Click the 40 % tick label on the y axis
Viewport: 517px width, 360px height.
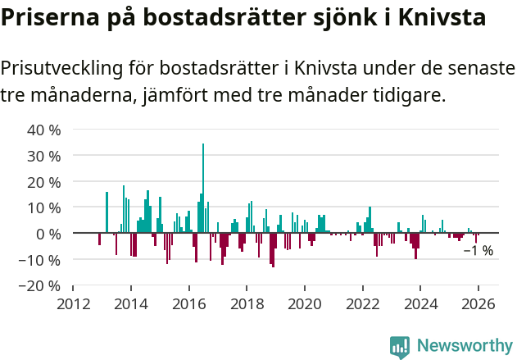click(44, 130)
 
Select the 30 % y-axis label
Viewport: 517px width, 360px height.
click(44, 156)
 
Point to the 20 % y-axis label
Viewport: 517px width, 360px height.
click(44, 182)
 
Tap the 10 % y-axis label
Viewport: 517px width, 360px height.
click(44, 208)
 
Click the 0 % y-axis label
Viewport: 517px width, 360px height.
click(48, 235)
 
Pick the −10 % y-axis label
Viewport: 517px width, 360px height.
click(41, 261)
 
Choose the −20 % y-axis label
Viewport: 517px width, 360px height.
click(41, 287)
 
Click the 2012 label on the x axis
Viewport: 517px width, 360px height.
click(73, 303)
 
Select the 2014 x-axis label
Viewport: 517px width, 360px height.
click(131, 303)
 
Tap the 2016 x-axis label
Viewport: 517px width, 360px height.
click(189, 303)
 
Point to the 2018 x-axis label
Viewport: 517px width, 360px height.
click(247, 303)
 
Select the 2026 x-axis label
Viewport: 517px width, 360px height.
click(479, 303)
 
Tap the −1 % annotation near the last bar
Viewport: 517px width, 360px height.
click(478, 251)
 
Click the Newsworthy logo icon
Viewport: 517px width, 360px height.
click(400, 347)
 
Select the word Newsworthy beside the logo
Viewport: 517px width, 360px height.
click(465, 347)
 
